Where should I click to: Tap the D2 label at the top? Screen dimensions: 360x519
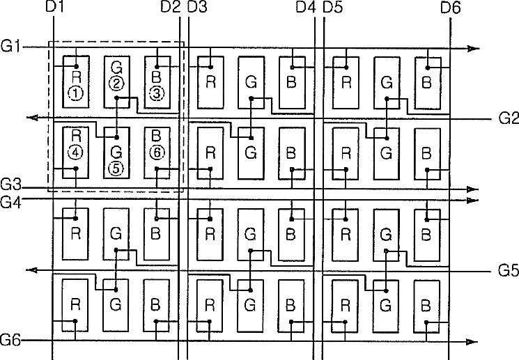tap(170, 8)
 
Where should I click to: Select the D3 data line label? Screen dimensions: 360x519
tap(197, 8)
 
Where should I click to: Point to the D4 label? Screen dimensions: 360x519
tap(305, 8)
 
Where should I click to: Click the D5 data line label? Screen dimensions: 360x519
tap(333, 8)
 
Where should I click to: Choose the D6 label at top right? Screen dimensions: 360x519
tap(451, 8)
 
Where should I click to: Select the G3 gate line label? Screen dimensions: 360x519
tap(12, 186)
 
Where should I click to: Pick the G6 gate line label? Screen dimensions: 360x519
tap(12, 341)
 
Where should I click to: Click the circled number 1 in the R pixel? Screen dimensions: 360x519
tap(75, 92)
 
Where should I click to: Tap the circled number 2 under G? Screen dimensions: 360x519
tap(116, 84)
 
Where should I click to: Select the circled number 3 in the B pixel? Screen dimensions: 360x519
tap(157, 92)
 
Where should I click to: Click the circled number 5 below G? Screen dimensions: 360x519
tap(116, 168)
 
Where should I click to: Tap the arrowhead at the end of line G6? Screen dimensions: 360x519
tap(474, 341)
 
